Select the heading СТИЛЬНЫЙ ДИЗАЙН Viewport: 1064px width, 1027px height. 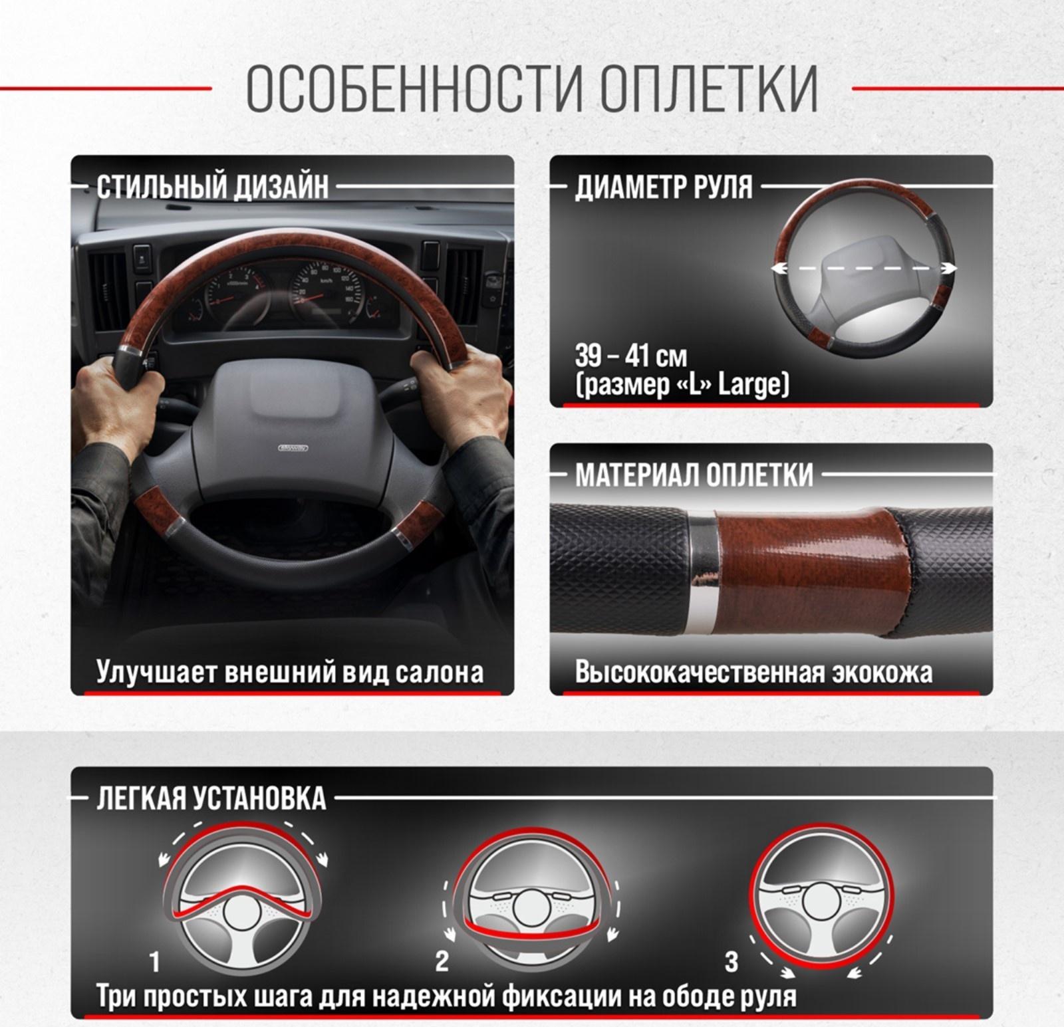click(x=213, y=187)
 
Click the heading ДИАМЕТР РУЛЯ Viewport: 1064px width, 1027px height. click(x=663, y=187)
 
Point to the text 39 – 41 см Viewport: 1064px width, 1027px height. click(x=630, y=356)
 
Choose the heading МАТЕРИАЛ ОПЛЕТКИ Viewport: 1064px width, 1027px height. click(x=694, y=475)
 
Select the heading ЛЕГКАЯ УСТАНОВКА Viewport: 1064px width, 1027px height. click(x=211, y=798)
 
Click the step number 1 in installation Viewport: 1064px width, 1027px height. click(x=155, y=961)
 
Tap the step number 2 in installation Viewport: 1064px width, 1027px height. click(x=442, y=961)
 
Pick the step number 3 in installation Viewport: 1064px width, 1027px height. click(x=731, y=961)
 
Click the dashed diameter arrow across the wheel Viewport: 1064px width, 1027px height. click(x=863, y=268)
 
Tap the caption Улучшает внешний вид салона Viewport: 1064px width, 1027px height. click(x=290, y=672)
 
